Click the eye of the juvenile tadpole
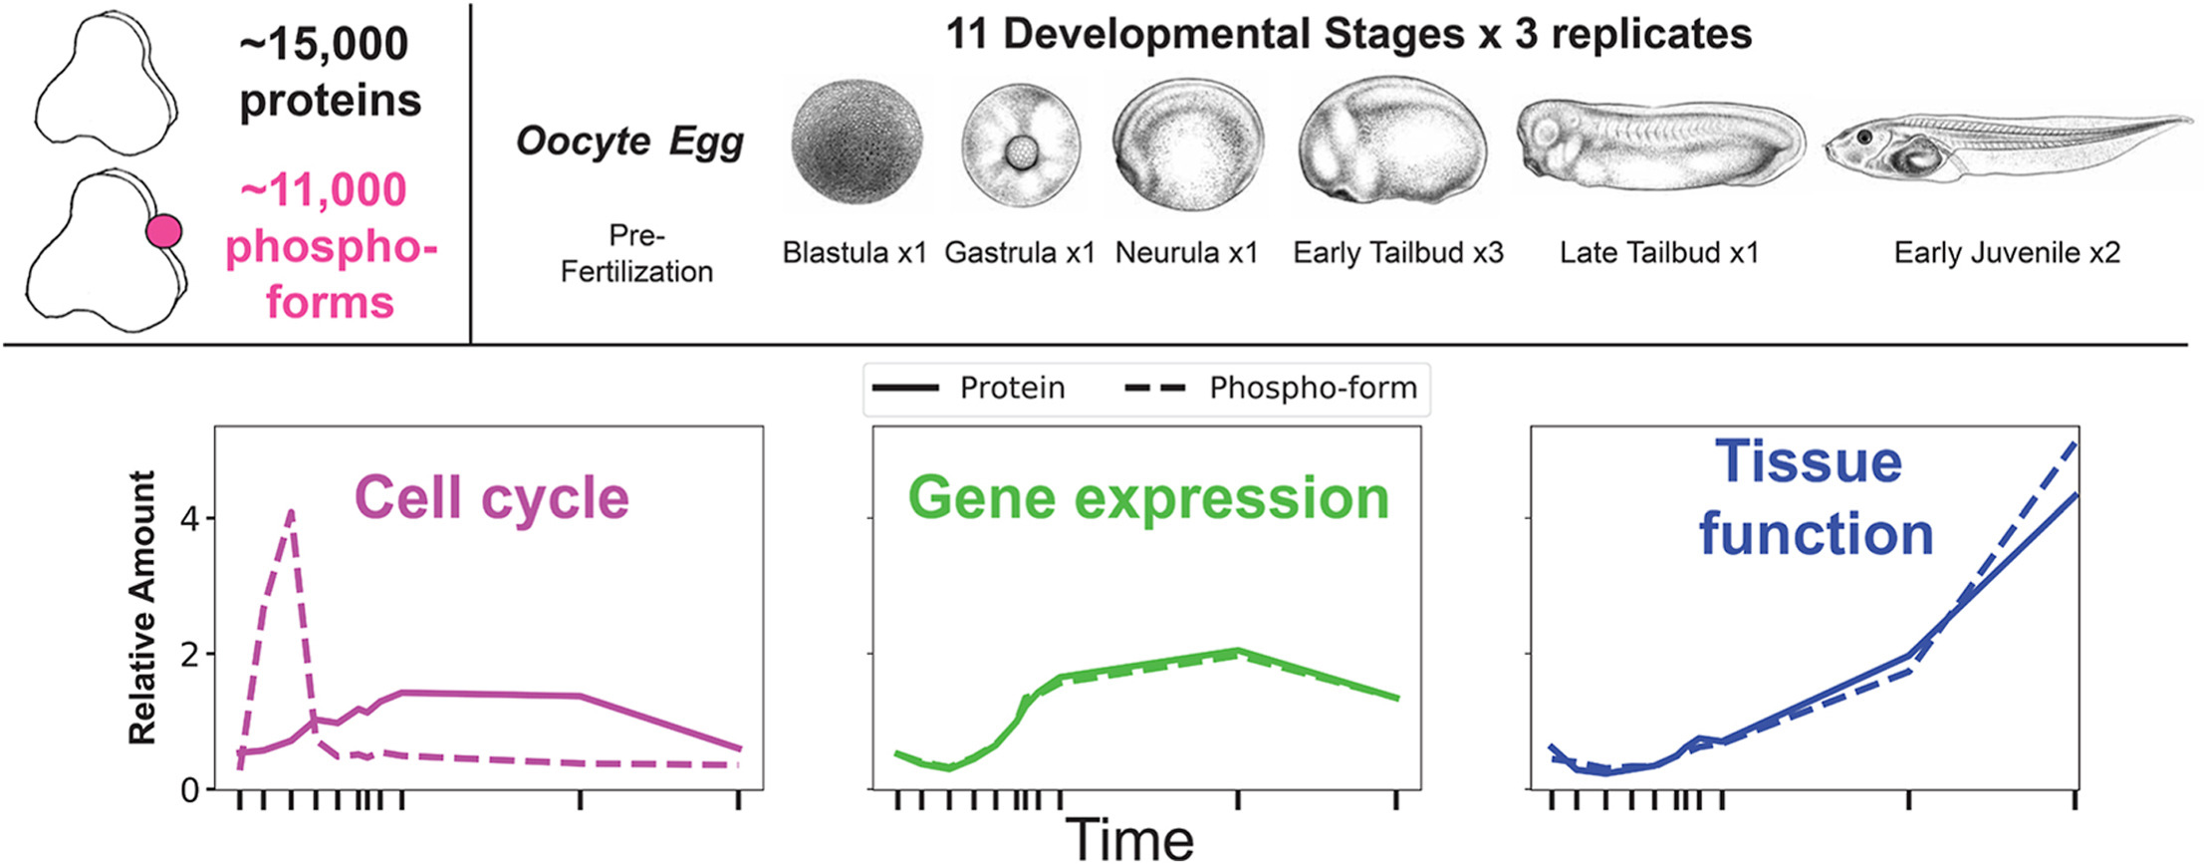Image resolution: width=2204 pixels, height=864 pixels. [1863, 137]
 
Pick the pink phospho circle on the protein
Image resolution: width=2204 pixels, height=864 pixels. [163, 231]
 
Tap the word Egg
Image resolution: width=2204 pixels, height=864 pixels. [706, 141]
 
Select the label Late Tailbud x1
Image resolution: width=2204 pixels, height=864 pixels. [1659, 253]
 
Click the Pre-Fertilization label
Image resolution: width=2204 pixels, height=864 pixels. [636, 253]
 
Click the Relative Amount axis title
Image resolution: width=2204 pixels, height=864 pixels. [142, 608]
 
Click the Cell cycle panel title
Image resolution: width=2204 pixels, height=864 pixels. [491, 497]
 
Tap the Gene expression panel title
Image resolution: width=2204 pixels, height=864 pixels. [1148, 497]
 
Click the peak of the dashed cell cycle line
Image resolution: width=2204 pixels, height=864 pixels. [290, 512]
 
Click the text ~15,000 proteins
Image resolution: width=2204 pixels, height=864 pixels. [330, 72]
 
